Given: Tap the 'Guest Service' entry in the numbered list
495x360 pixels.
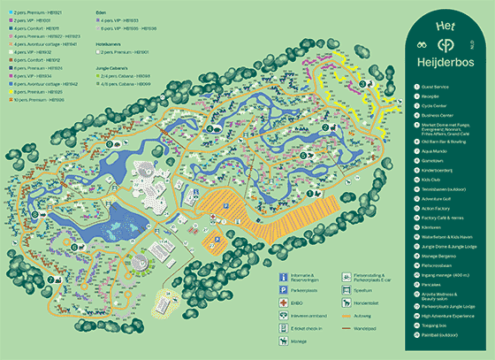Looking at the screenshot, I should [x=438, y=85].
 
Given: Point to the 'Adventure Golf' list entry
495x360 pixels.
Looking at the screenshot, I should [x=439, y=198].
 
